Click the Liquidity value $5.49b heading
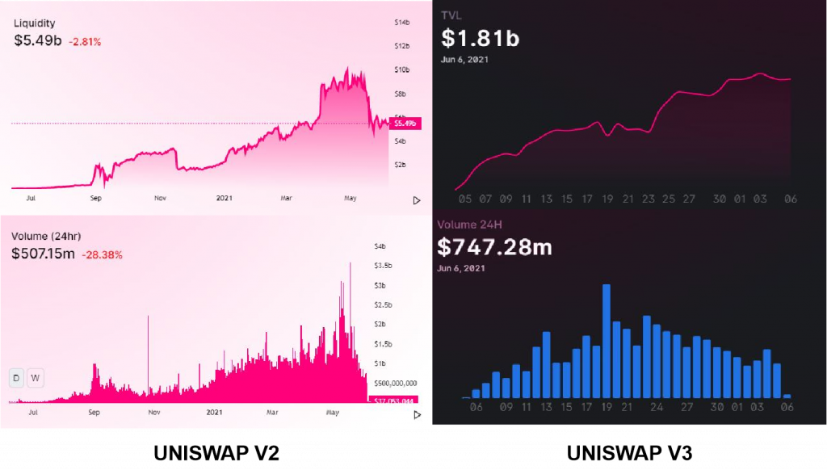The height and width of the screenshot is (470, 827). (x=37, y=40)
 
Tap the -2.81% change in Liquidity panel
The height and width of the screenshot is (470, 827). (x=85, y=41)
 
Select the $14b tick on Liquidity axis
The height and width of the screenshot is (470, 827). (x=401, y=22)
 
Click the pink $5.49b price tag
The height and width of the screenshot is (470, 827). (x=403, y=124)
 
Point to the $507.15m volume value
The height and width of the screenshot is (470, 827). (x=43, y=254)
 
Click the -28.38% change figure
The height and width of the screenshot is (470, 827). (x=102, y=254)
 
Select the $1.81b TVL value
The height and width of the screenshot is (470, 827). (x=480, y=38)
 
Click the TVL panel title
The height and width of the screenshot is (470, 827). (x=451, y=15)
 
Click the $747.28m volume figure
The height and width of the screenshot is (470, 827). (x=494, y=246)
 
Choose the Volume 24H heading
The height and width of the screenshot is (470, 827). (x=475, y=225)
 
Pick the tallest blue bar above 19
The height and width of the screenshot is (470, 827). (x=606, y=341)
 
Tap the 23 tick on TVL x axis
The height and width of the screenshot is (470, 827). (x=649, y=199)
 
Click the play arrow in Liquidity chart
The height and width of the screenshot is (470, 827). (x=417, y=200)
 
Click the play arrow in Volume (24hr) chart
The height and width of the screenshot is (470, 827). (x=417, y=414)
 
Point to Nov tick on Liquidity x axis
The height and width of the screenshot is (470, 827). (x=160, y=197)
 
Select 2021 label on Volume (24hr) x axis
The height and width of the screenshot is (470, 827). (x=214, y=413)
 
